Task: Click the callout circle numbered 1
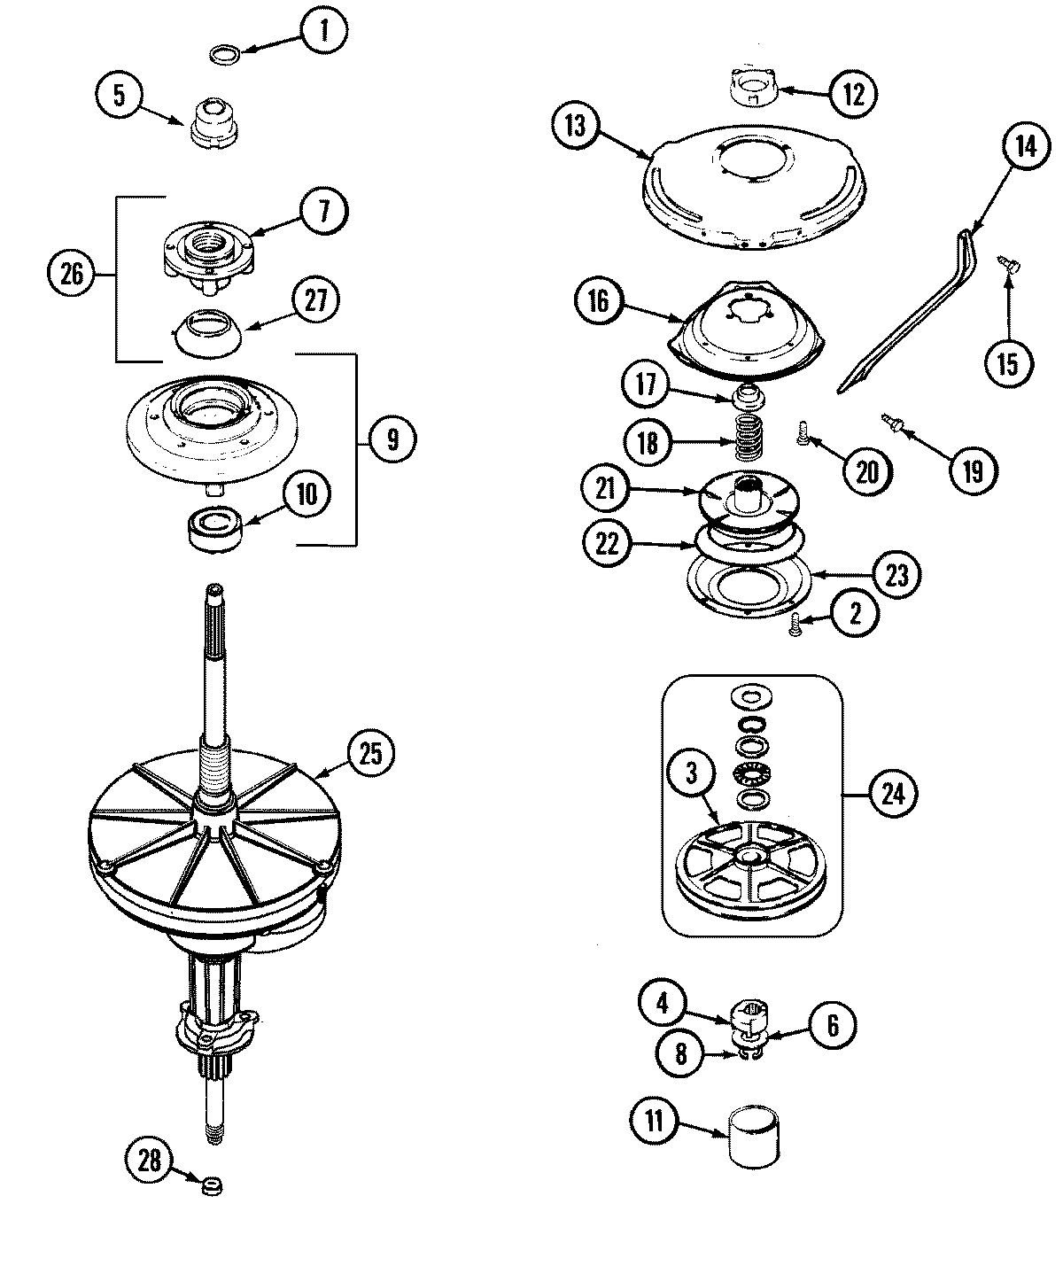[x=323, y=32]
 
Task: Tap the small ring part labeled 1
[x=225, y=55]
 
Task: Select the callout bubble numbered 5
[x=120, y=95]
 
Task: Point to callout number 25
[x=369, y=753]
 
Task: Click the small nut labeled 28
[x=211, y=1185]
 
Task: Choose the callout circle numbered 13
[x=575, y=126]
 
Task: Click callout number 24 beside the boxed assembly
[x=893, y=794]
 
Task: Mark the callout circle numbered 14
[x=1025, y=146]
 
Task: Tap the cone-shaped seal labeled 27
[x=209, y=330]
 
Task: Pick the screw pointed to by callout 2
[x=795, y=624]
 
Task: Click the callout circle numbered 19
[x=973, y=471]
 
